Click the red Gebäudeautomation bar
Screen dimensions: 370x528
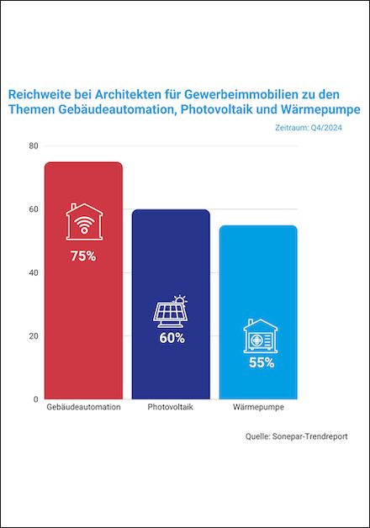click(x=83, y=281)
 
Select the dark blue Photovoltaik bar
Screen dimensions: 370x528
click(x=171, y=304)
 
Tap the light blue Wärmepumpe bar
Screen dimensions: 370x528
click(x=258, y=312)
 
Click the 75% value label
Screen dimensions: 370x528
click(x=83, y=256)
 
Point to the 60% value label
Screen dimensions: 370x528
click(x=172, y=338)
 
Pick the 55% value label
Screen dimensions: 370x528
click(x=262, y=362)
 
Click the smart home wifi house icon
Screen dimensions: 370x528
click(x=84, y=221)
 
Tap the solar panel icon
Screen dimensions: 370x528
click(x=171, y=311)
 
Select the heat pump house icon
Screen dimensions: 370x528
click(x=261, y=335)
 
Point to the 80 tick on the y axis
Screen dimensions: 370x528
click(x=34, y=146)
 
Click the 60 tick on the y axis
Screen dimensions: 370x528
click(x=34, y=209)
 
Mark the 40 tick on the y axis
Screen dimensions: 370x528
click(x=34, y=272)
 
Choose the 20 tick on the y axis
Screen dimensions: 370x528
click(x=34, y=336)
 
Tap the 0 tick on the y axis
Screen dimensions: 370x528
click(x=35, y=399)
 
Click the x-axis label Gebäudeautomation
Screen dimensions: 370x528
click(x=83, y=407)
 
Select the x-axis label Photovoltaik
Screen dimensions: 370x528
click(x=171, y=407)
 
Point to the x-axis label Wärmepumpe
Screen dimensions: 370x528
click(x=258, y=407)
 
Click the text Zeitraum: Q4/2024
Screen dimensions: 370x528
click(x=309, y=128)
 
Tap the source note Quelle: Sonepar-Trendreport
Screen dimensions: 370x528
click(x=296, y=436)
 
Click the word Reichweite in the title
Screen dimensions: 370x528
click(x=40, y=95)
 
